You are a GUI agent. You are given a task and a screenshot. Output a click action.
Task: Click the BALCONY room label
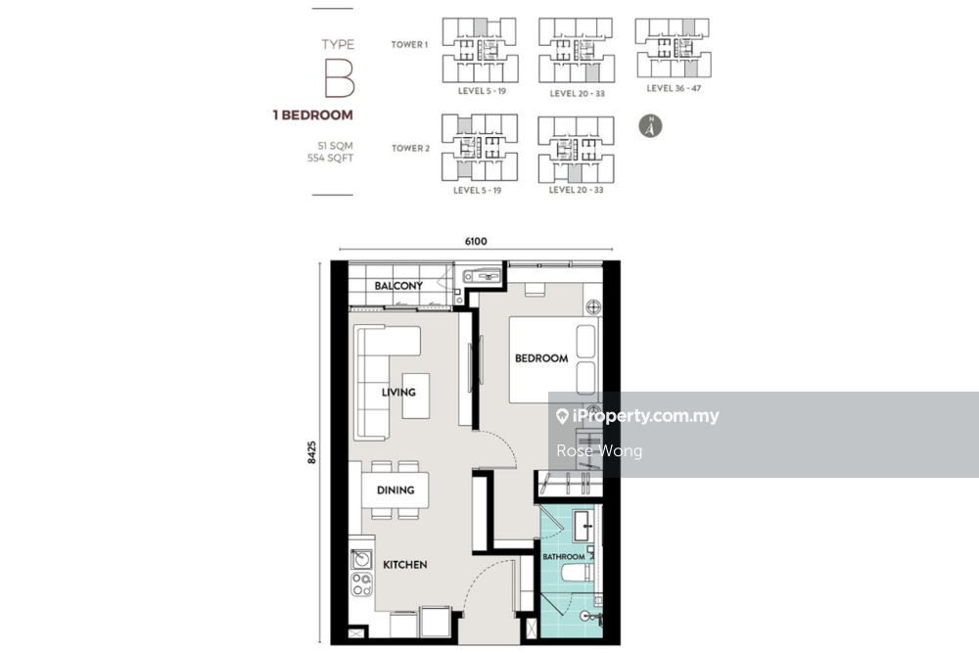point(398,285)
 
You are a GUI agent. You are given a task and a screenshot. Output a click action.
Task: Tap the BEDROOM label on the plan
point(541,358)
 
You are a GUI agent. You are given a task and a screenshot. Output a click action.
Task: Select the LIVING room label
point(398,392)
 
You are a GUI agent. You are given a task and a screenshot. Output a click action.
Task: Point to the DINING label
point(396,490)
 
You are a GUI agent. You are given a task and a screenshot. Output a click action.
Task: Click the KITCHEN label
point(404,564)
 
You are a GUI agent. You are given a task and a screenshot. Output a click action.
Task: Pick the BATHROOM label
point(564,556)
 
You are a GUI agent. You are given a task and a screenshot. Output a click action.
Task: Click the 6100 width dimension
point(476,241)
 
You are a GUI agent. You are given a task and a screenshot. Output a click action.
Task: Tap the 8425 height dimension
point(311,452)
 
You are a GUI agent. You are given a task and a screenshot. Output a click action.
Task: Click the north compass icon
point(650,126)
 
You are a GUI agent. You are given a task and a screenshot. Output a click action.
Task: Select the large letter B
point(339,78)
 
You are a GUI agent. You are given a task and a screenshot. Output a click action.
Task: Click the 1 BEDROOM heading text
point(313,115)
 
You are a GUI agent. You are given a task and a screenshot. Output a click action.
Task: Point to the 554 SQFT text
point(330,158)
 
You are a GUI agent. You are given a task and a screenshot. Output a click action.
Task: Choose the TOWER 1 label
point(409,44)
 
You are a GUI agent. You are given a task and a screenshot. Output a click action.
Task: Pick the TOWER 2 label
point(411,148)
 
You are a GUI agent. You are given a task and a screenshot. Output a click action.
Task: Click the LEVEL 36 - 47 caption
point(674,89)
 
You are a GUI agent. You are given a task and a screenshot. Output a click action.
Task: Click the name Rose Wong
point(599,450)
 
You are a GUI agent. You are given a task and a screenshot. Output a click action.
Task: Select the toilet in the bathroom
point(576,573)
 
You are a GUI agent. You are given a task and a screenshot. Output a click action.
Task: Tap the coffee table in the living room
point(416,396)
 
